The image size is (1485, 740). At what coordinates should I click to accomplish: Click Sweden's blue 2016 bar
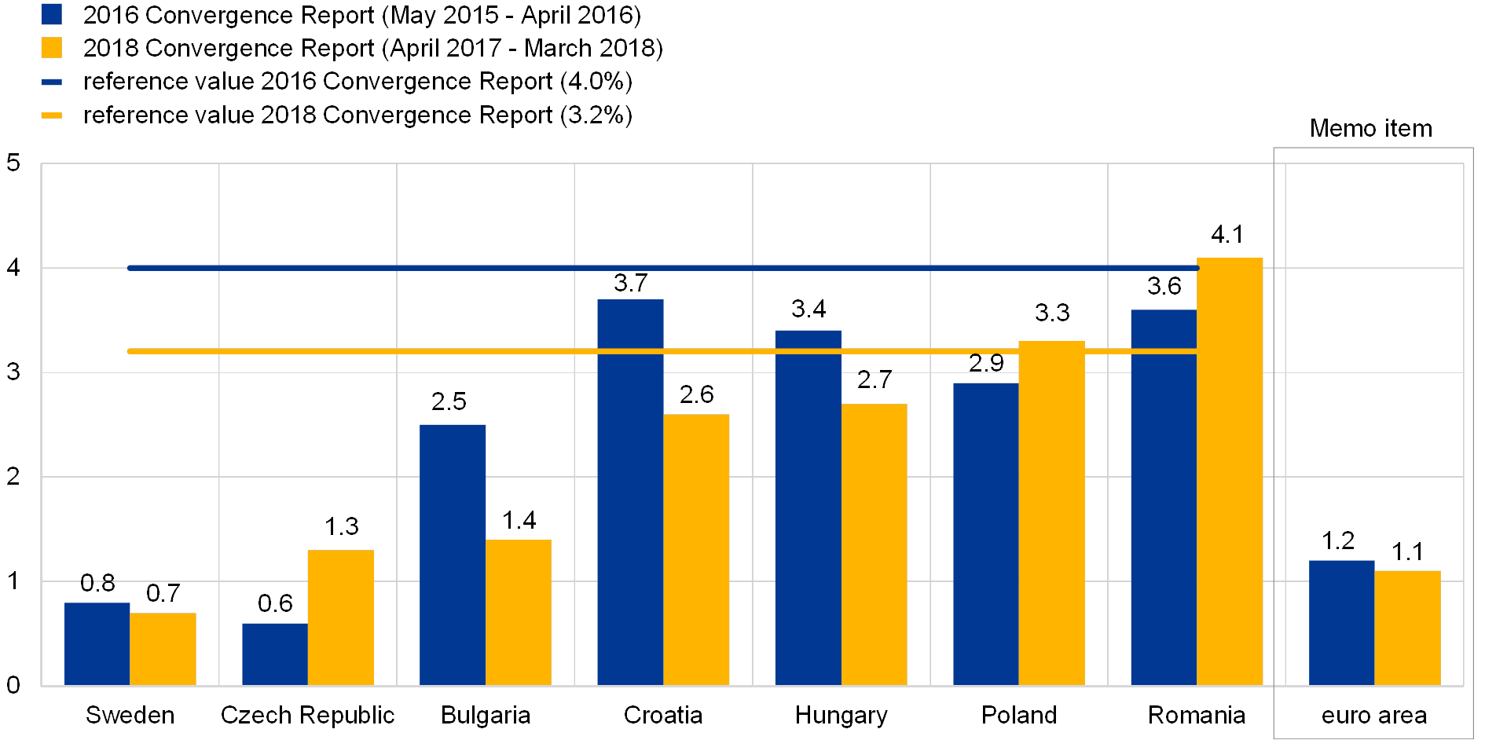pos(97,643)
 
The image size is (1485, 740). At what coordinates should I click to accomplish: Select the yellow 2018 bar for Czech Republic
pos(340,617)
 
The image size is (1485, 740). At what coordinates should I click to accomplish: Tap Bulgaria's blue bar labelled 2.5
pos(453,555)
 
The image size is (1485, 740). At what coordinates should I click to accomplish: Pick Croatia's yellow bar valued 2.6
pos(696,549)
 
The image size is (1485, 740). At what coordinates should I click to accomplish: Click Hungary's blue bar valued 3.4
pos(808,507)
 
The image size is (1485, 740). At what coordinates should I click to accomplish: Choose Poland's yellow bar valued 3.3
pos(1052,513)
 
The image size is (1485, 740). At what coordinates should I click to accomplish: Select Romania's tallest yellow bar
pos(1230,471)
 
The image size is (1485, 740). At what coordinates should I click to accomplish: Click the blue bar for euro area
pos(1341,622)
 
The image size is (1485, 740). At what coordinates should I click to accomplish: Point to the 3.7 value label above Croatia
pos(631,283)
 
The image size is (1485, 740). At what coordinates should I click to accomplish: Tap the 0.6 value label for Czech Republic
pos(276,603)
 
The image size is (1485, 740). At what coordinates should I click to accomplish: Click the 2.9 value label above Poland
pos(986,363)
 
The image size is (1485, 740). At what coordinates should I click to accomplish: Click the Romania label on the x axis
pos(1198,716)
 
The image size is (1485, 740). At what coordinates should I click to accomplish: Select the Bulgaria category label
pos(487,716)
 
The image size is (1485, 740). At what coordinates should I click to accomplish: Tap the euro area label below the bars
pos(1373,716)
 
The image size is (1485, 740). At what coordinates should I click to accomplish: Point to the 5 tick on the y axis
pos(13,164)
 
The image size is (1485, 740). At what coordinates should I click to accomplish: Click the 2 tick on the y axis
pos(13,476)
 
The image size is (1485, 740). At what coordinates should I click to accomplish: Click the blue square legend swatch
pos(52,15)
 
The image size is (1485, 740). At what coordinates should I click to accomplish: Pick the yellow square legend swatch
pos(52,48)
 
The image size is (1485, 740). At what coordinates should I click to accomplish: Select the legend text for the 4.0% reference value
pos(358,82)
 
